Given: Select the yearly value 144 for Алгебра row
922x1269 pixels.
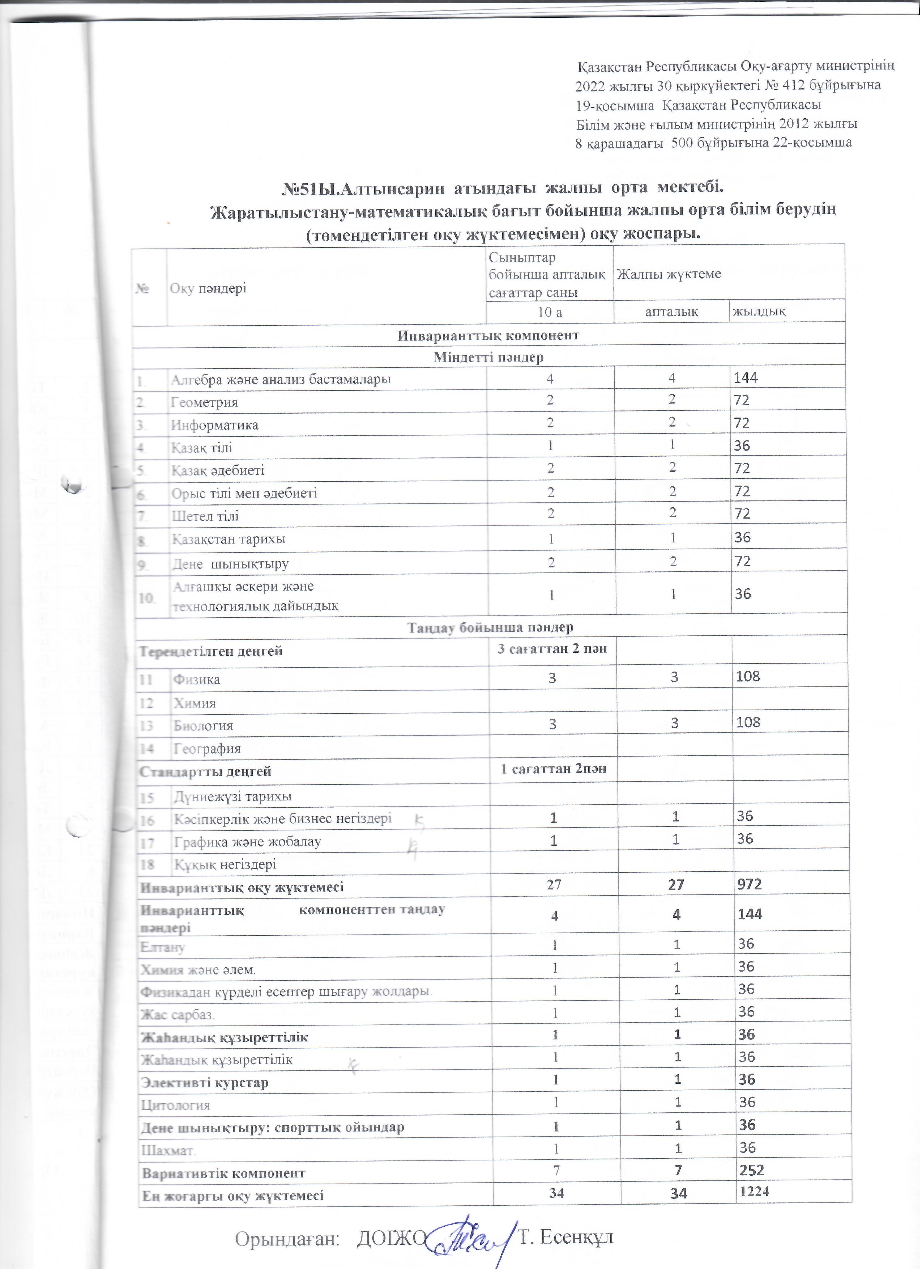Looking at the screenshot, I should click(746, 378).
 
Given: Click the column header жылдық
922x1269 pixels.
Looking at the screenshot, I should click(759, 311).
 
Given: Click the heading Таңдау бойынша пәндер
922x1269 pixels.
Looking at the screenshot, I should click(490, 627).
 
